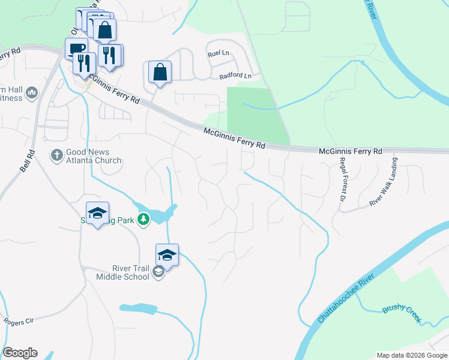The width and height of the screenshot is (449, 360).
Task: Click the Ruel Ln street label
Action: tap(218, 53)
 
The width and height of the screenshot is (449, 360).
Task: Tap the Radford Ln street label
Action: tap(235, 76)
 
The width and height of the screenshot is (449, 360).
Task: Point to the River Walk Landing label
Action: tap(384, 182)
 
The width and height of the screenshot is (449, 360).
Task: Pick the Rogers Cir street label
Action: tap(17, 322)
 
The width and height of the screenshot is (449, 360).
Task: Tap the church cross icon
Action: tap(57, 155)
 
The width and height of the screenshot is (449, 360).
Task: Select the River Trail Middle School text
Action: tap(122, 272)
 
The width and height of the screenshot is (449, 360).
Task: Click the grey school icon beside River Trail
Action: tap(158, 272)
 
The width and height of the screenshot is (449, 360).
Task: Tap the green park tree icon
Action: tap(143, 220)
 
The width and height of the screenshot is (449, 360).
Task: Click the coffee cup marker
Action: tap(76, 48)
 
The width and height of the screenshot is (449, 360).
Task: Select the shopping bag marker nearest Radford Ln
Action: tap(160, 72)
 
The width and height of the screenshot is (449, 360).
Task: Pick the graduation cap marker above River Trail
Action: tap(167, 254)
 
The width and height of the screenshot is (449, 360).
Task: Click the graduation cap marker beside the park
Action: tap(97, 212)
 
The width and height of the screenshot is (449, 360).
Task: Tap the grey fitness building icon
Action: tap(32, 93)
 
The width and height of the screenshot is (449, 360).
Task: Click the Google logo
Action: tap(20, 353)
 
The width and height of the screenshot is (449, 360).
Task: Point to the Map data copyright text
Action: tap(411, 355)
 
